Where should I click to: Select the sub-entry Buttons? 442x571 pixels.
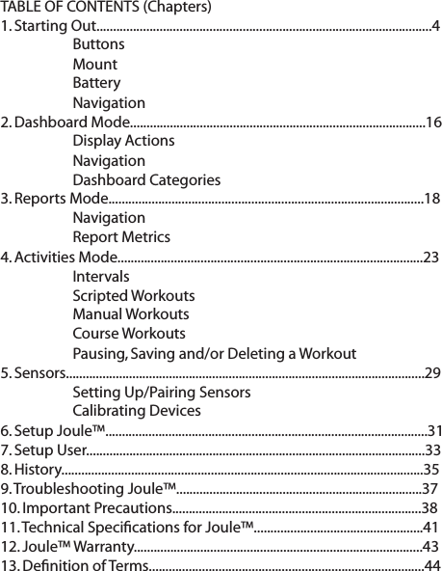[97, 44]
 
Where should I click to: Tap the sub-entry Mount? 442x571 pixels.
[94, 64]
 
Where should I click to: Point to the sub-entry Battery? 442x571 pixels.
[96, 83]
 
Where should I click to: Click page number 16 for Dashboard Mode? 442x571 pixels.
[433, 122]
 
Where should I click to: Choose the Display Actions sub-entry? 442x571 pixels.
[123, 141]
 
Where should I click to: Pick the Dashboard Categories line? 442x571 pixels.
[145, 179]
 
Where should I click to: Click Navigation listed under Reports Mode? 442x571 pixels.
[109, 218]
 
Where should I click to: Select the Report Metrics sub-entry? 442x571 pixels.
[121, 237]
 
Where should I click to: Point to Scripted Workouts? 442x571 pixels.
[133, 295]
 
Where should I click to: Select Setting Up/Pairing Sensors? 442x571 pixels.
[162, 392]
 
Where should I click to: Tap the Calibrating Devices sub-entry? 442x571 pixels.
[137, 411]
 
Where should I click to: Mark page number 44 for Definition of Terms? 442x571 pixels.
[432, 564]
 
